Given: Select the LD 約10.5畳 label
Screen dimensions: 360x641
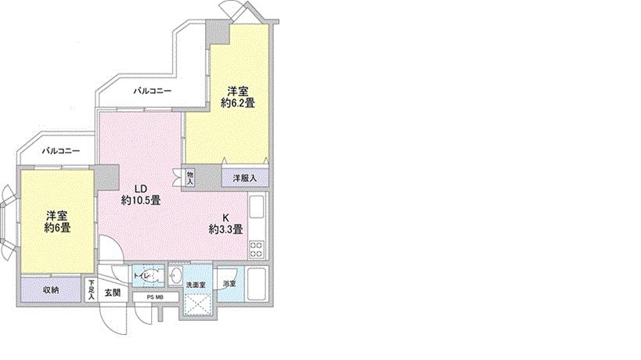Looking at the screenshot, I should click(x=141, y=194).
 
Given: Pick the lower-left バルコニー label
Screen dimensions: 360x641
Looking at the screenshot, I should click(x=59, y=149).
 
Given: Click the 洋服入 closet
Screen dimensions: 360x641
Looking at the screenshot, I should click(x=244, y=178).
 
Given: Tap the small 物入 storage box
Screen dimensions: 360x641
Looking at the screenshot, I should click(x=190, y=178).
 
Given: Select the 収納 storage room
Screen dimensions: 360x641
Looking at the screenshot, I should click(x=51, y=290).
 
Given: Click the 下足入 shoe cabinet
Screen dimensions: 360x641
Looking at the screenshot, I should click(x=91, y=290).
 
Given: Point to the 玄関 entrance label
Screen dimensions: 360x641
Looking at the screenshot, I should click(x=112, y=293).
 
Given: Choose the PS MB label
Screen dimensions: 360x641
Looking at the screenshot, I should click(x=153, y=297).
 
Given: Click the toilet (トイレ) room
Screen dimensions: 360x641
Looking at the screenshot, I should click(x=148, y=277).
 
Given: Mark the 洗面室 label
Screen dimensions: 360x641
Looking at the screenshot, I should click(x=195, y=285).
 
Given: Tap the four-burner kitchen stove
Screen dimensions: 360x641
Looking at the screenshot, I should click(x=257, y=249).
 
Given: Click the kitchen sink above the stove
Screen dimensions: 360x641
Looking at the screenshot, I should click(x=257, y=210).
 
